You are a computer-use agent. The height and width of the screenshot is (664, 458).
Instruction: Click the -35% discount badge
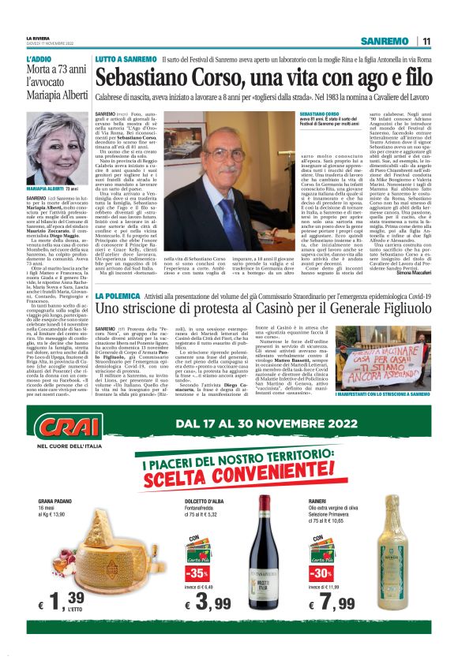point(197,571)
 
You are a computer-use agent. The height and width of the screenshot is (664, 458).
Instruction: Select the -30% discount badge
point(321,571)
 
